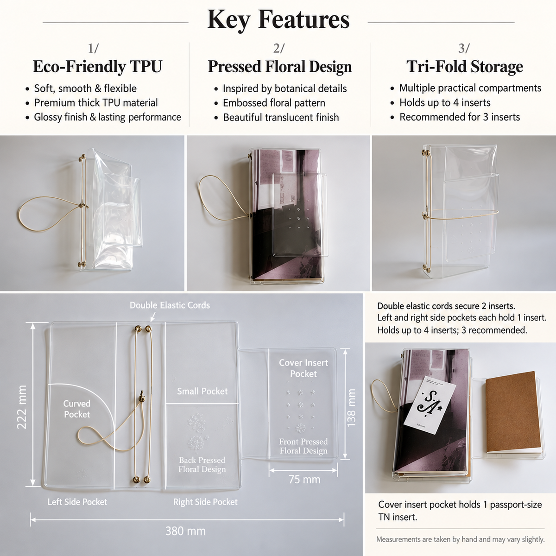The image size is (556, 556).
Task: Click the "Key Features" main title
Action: [278, 19]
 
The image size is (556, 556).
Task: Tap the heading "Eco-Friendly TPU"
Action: [97, 67]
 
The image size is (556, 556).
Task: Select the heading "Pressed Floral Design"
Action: [280, 67]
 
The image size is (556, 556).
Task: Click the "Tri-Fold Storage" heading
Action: [465, 67]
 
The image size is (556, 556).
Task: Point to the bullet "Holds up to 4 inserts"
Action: [445, 102]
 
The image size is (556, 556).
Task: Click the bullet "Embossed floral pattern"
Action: [274, 103]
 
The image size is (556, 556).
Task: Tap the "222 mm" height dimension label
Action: [22, 407]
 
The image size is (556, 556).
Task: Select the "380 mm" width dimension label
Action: [185, 531]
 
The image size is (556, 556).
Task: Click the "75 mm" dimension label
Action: [304, 480]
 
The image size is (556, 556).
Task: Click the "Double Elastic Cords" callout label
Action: [170, 305]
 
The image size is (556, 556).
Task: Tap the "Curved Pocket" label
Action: [77, 409]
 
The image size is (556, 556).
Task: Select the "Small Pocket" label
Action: [202, 391]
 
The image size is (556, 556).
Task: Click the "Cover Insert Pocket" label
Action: [303, 368]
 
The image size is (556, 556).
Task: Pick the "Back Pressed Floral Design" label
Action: [202, 465]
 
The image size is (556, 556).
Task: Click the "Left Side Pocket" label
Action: [77, 502]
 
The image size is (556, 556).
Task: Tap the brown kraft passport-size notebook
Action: [513, 413]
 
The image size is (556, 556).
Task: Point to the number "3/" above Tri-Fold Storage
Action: [464, 49]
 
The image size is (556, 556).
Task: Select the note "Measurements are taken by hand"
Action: [460, 539]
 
